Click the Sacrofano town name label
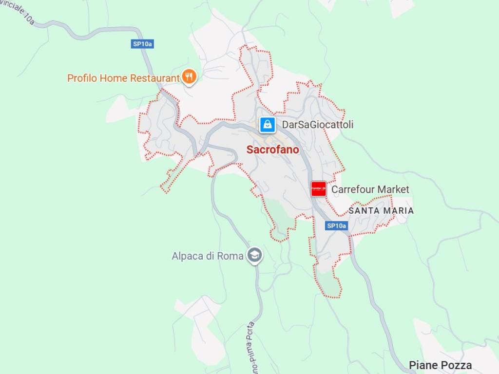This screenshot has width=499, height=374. click(272, 150)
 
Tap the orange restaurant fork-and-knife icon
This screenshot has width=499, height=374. click(189, 76)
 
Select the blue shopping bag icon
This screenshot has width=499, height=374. click(267, 125)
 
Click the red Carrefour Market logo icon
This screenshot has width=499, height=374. click(318, 189)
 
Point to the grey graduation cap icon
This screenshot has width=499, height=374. click(254, 255)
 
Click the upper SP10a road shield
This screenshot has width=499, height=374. click(143, 44)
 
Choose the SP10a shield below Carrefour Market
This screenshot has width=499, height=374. click(336, 225)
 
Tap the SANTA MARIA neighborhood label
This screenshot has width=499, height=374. click(381, 211)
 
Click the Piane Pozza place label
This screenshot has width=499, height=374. click(440, 365)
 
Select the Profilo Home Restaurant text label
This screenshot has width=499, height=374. click(123, 78)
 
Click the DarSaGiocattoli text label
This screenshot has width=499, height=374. click(318, 125)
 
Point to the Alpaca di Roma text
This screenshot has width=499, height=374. click(207, 256)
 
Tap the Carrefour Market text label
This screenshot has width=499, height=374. click(370, 189)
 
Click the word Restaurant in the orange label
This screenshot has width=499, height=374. click(154, 78)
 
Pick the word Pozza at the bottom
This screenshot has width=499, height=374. click(457, 365)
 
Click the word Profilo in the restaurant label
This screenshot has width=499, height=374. click(82, 78)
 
